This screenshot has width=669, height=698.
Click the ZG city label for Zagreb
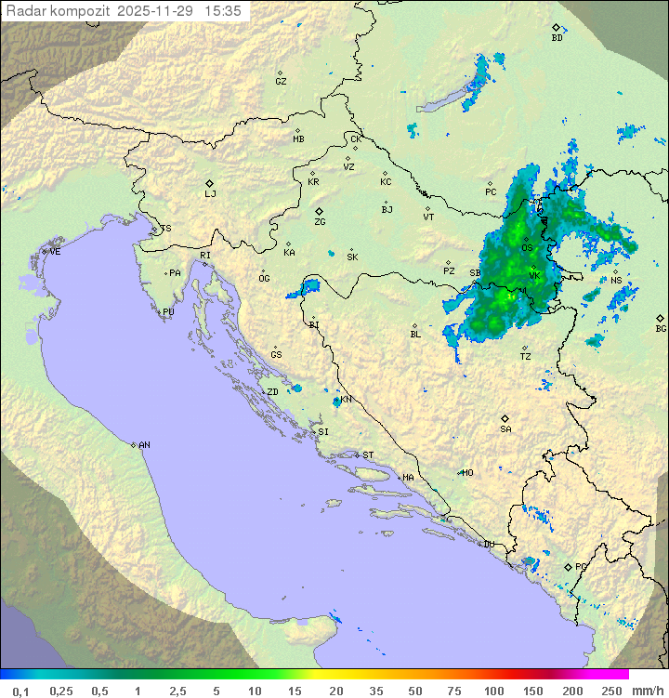(x=320, y=222)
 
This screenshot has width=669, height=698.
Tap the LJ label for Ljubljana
(x=210, y=194)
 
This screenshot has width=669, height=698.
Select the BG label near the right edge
(x=661, y=328)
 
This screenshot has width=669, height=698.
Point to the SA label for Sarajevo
(x=505, y=428)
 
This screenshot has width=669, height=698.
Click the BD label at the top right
(x=557, y=38)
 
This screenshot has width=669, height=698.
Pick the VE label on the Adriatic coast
(x=55, y=252)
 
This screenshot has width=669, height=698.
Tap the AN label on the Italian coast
(x=144, y=445)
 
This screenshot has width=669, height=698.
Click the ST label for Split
(x=368, y=454)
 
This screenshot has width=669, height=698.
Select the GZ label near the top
(x=281, y=81)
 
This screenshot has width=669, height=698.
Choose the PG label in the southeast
(x=581, y=566)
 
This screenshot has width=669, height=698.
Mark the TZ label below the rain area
(x=526, y=356)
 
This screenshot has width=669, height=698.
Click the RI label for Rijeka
(x=205, y=255)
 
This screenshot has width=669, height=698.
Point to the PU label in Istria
(x=168, y=312)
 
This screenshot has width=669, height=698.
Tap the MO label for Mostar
(x=467, y=472)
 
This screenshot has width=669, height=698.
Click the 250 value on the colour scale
(x=611, y=691)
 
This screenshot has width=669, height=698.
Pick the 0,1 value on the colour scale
(x=20, y=691)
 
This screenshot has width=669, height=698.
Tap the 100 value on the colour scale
(x=493, y=691)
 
